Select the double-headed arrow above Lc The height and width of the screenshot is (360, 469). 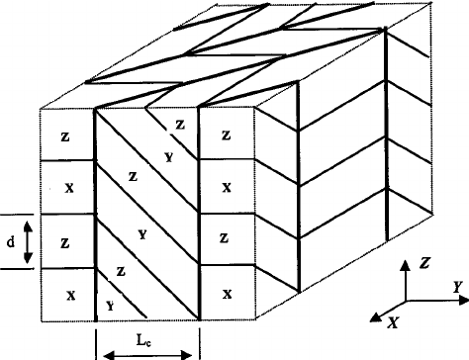(147, 351)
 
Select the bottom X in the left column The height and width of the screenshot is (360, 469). (67, 296)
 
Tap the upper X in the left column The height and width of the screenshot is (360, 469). (67, 187)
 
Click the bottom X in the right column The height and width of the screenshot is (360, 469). (228, 294)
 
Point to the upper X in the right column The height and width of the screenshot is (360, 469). (228, 187)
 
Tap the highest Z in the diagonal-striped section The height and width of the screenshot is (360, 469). (179, 124)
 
